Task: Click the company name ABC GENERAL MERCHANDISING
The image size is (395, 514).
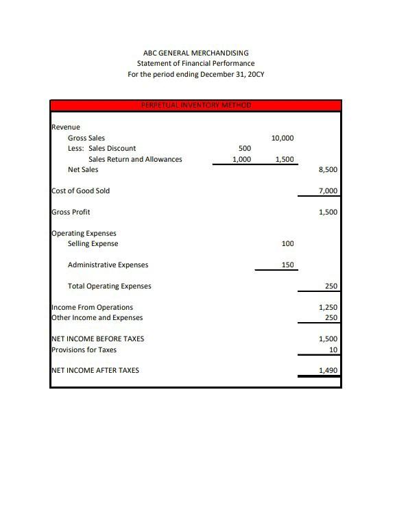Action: point(195,53)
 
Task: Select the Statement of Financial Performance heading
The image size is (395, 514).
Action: point(195,63)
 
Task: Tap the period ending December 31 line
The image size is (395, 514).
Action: point(195,74)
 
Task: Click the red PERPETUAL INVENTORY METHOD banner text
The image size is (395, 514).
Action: point(195,106)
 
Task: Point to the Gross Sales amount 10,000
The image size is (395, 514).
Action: point(283,138)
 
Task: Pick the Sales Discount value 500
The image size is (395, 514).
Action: point(244,148)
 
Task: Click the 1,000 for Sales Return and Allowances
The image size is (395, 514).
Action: point(241,159)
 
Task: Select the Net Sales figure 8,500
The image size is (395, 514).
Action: point(328,170)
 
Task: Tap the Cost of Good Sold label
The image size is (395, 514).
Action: point(80,191)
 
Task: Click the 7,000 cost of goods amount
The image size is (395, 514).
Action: point(328,191)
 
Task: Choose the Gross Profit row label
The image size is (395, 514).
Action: point(71,212)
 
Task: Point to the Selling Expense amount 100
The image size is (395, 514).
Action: point(287,243)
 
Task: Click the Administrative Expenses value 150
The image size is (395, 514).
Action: point(287,265)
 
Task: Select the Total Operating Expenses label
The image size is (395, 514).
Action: point(109,286)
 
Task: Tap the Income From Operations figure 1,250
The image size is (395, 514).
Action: point(328,307)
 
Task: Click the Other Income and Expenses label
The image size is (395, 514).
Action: point(97,317)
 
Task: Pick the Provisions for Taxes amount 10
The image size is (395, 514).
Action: point(333,350)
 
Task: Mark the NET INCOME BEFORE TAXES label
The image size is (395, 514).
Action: point(97,339)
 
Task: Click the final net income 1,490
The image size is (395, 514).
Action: point(328,371)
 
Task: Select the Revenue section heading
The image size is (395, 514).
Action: point(66,127)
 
